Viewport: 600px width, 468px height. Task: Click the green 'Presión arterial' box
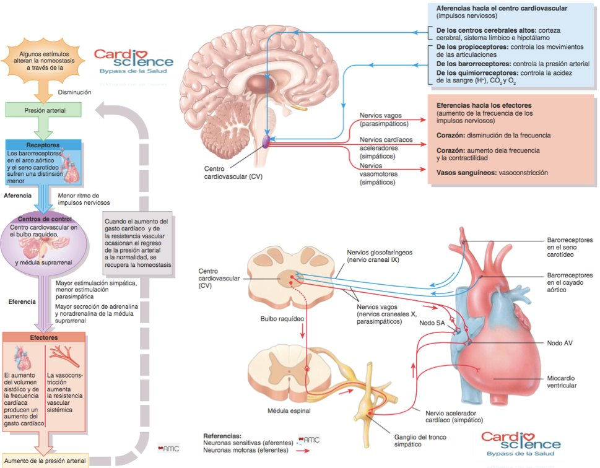pos(44,111)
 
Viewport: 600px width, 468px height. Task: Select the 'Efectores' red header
pos(44,338)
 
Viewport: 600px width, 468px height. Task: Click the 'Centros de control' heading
pos(45,219)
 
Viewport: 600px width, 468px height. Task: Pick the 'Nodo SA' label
pos(432,323)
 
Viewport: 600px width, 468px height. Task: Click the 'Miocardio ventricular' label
pos(562,381)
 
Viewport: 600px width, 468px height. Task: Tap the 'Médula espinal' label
pos(289,410)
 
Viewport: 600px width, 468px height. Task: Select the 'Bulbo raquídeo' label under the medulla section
pos(282,318)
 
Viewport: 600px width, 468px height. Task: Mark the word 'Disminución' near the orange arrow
pos(75,92)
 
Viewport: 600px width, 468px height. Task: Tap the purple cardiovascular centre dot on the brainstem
pos(266,141)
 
